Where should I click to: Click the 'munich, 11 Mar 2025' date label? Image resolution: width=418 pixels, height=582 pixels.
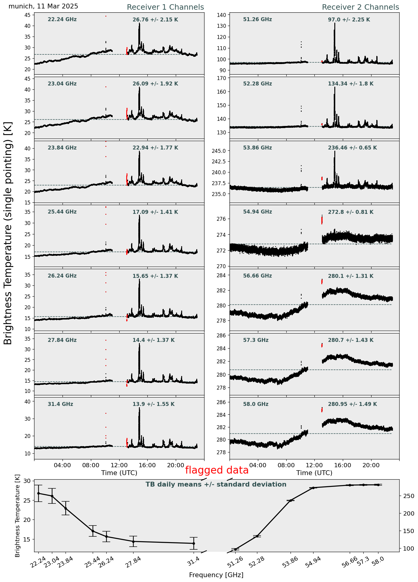tap(43, 6)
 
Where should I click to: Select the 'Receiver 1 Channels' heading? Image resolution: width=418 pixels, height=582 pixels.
tap(165, 7)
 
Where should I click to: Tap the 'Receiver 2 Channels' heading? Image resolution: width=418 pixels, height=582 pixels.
tap(360, 7)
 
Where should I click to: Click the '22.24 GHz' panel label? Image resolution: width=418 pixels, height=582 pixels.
tap(62, 20)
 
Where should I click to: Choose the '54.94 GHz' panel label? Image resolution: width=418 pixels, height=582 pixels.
tap(257, 212)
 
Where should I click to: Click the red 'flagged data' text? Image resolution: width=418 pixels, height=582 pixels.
tap(217, 470)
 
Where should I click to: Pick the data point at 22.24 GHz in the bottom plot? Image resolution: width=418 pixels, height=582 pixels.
tap(38, 493)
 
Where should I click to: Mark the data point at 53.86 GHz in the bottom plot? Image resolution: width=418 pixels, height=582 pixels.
tap(291, 500)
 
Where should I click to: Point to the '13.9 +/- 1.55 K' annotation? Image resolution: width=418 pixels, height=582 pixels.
tap(153, 404)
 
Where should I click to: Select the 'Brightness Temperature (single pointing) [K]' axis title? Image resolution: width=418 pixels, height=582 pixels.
tap(8, 233)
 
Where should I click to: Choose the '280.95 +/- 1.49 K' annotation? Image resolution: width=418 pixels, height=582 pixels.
tap(352, 404)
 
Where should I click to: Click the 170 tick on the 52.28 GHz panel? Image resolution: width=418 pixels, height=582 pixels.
tap(223, 78)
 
